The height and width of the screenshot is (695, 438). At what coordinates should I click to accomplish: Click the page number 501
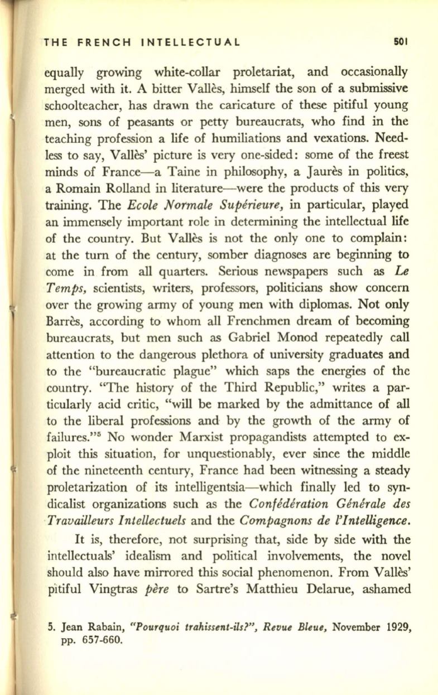402,41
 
